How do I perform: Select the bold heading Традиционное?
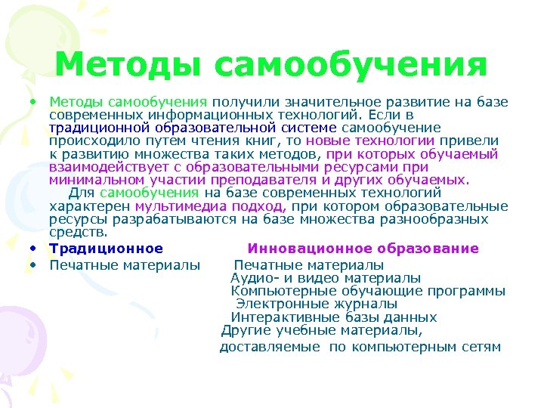(x=107, y=249)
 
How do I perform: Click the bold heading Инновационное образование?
(x=363, y=249)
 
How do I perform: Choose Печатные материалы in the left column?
(x=125, y=265)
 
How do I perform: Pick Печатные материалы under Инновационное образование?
(x=308, y=265)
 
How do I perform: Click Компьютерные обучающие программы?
(x=368, y=291)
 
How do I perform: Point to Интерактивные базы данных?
(x=333, y=317)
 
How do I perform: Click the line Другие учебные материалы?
(x=321, y=330)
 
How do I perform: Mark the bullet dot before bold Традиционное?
(x=36, y=249)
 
